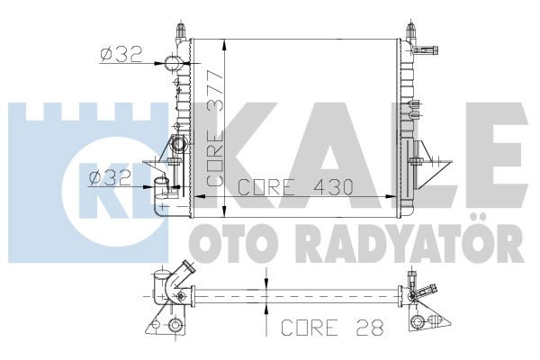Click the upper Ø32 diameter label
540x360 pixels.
[121, 54]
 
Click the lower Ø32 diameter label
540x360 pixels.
[110, 178]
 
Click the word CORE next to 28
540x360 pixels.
[310, 328]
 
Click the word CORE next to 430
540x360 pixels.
[267, 187]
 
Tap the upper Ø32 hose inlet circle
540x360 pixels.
[172, 63]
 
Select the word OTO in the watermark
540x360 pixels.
[228, 244]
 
